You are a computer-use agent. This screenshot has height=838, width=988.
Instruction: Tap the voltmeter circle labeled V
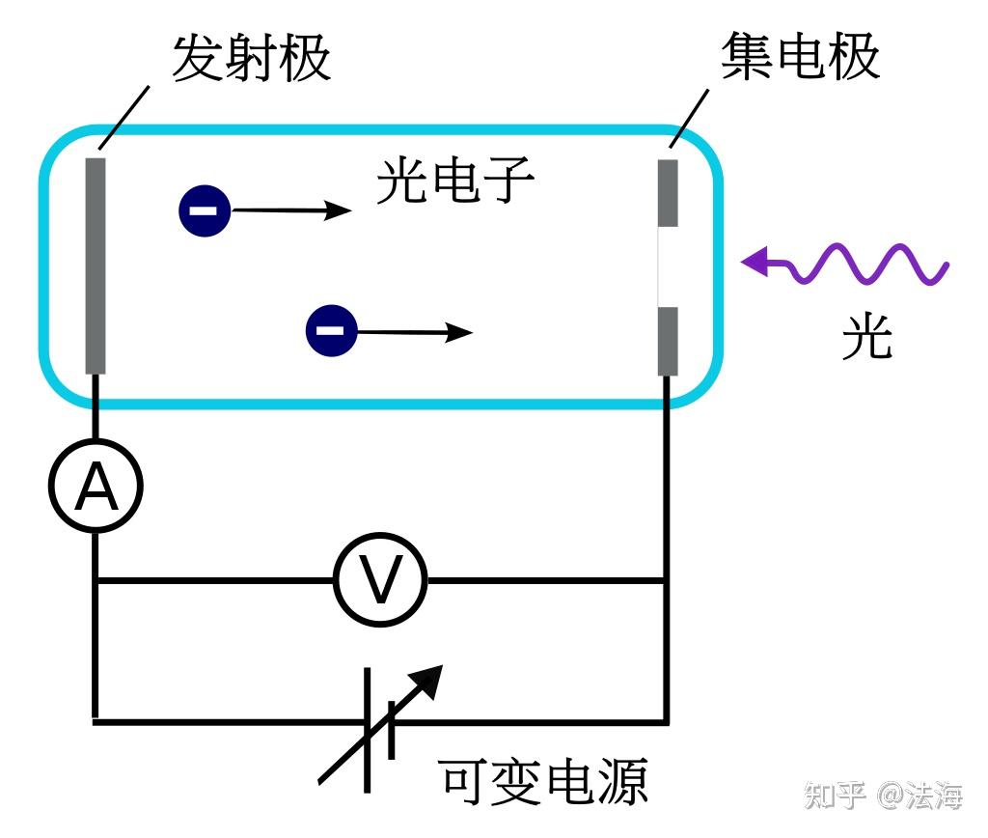pyautogui.click(x=380, y=580)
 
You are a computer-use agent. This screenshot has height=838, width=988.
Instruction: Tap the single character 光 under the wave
pyautogui.click(x=866, y=337)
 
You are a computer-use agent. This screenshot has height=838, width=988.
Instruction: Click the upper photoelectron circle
pyautogui.click(x=205, y=209)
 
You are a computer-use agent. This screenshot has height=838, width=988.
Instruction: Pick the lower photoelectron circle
pyautogui.click(x=331, y=331)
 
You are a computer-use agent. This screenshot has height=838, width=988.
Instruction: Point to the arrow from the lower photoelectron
pyautogui.click(x=415, y=332)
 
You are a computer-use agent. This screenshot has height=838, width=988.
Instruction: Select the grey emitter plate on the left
pyautogui.click(x=95, y=265)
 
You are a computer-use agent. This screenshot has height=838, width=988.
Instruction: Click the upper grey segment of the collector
pyautogui.click(x=668, y=193)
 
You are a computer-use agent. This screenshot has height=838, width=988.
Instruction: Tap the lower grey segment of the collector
pyautogui.click(x=668, y=340)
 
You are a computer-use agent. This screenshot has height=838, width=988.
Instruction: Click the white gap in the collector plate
pyautogui.click(x=668, y=266)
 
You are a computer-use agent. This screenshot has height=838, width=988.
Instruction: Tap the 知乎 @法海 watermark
pyautogui.click(x=883, y=796)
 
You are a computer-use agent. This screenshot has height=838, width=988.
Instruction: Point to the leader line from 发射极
pyautogui.click(x=123, y=117)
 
